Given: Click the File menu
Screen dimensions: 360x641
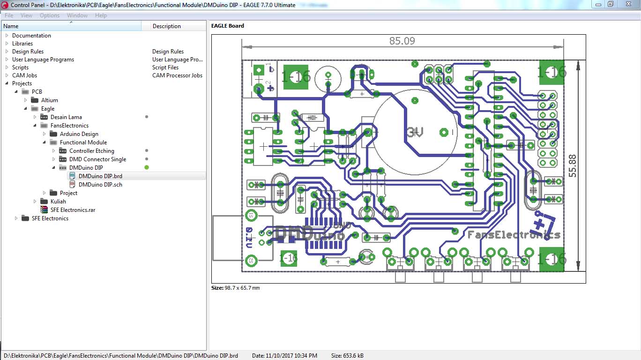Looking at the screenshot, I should tap(9, 15).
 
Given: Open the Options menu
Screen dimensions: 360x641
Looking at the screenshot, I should tap(49, 15).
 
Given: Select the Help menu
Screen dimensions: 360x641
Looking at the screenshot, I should tap(101, 15).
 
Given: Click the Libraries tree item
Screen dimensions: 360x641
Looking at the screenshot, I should tap(22, 44).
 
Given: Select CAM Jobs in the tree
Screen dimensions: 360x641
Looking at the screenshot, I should tap(24, 75).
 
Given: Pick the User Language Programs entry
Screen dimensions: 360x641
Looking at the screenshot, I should tap(43, 60).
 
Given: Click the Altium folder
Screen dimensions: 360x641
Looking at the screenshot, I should tap(49, 100).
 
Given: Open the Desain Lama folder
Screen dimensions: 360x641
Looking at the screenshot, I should tap(66, 117).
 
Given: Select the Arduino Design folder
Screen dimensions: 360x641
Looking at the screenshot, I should tap(79, 134).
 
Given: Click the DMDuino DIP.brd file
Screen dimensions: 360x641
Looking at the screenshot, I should tap(100, 176).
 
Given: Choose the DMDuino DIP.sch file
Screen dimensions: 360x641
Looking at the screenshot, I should tap(100, 185).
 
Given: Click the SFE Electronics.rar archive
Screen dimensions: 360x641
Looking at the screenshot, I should tap(73, 210).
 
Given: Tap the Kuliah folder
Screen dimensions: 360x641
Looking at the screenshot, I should tap(58, 202).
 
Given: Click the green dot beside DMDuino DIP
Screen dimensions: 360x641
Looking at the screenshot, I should tap(147, 168).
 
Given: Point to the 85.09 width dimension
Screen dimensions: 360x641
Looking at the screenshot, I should tap(402, 41).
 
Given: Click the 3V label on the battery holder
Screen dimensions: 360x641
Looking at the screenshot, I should tap(415, 132).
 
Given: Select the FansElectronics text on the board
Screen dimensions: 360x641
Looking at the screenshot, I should tap(514, 234).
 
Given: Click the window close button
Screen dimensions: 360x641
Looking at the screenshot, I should tap(627, 4).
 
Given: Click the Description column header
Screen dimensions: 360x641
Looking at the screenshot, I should tap(166, 26).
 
